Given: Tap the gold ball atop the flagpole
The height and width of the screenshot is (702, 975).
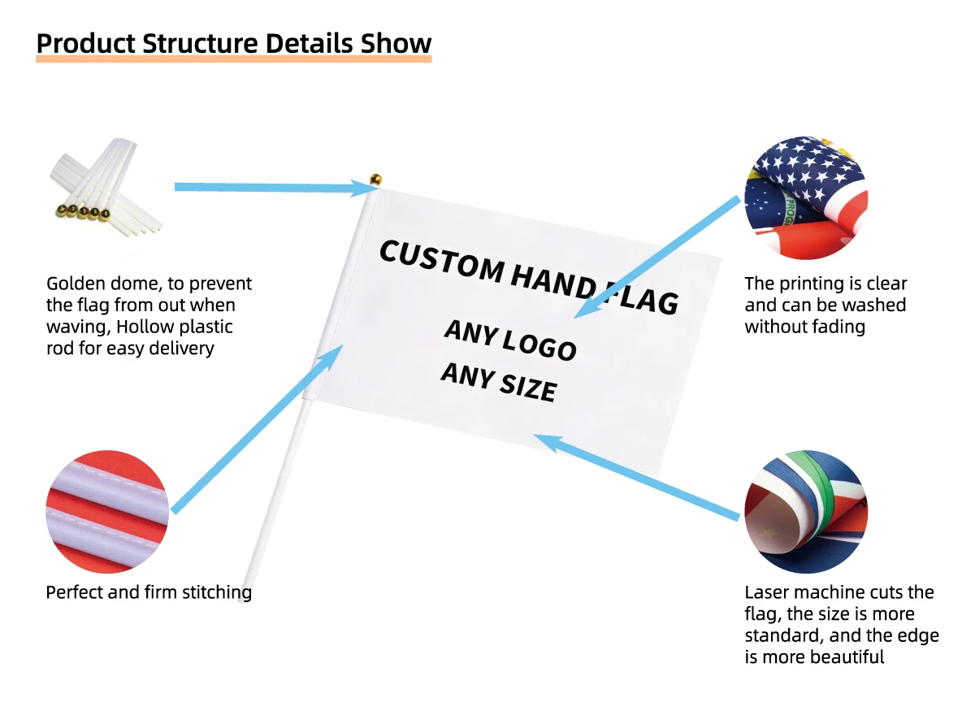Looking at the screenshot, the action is [x=375, y=180].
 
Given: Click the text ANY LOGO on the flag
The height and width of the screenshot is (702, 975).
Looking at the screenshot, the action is [x=510, y=340].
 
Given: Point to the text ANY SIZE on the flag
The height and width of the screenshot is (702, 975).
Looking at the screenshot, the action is [x=499, y=383].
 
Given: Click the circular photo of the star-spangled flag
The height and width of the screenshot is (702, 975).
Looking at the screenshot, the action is [x=806, y=198].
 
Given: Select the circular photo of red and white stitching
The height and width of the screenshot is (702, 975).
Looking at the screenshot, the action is [x=107, y=512].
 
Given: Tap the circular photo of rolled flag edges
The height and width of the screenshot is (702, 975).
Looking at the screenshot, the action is [x=806, y=512].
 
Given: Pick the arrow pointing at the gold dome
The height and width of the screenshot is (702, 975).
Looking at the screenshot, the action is [x=277, y=188].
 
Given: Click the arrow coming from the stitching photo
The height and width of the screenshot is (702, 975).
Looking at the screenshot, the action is [x=257, y=430].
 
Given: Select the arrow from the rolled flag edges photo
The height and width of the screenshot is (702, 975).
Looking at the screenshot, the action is [x=636, y=477].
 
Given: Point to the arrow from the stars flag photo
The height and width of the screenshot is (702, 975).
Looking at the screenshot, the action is [x=656, y=258].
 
